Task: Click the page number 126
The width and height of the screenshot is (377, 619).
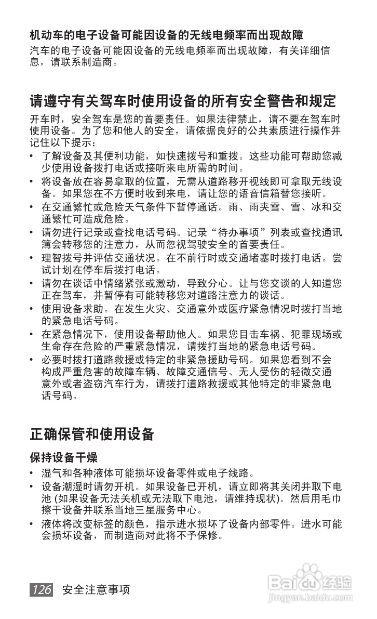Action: tap(42, 589)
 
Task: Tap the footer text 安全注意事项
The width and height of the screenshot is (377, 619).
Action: tap(96, 590)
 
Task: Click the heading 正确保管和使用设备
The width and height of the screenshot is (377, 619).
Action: tap(92, 433)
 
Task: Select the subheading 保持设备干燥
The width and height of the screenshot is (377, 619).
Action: tap(63, 458)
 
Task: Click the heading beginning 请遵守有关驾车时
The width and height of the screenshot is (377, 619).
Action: tap(183, 100)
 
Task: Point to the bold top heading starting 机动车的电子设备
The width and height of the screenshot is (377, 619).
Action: tap(166, 35)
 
